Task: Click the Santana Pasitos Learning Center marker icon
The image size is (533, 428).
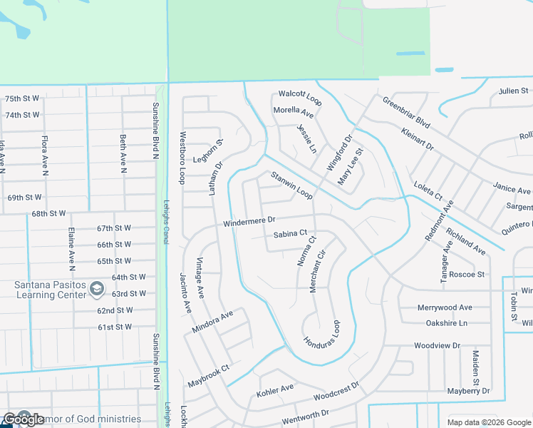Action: (x=97, y=290)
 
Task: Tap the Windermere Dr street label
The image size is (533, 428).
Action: (x=249, y=223)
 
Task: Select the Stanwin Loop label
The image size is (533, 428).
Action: (x=290, y=185)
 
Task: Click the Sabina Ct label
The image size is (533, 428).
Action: (x=290, y=233)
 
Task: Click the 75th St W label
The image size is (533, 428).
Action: (x=22, y=98)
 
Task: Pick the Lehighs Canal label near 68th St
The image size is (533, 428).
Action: (x=165, y=221)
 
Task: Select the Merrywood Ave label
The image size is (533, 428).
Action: (x=445, y=307)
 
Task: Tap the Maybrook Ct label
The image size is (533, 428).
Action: (x=208, y=377)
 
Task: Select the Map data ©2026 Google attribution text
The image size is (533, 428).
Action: (x=489, y=422)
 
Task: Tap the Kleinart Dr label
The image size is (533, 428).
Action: (x=418, y=140)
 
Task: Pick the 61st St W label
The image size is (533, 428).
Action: (x=115, y=327)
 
